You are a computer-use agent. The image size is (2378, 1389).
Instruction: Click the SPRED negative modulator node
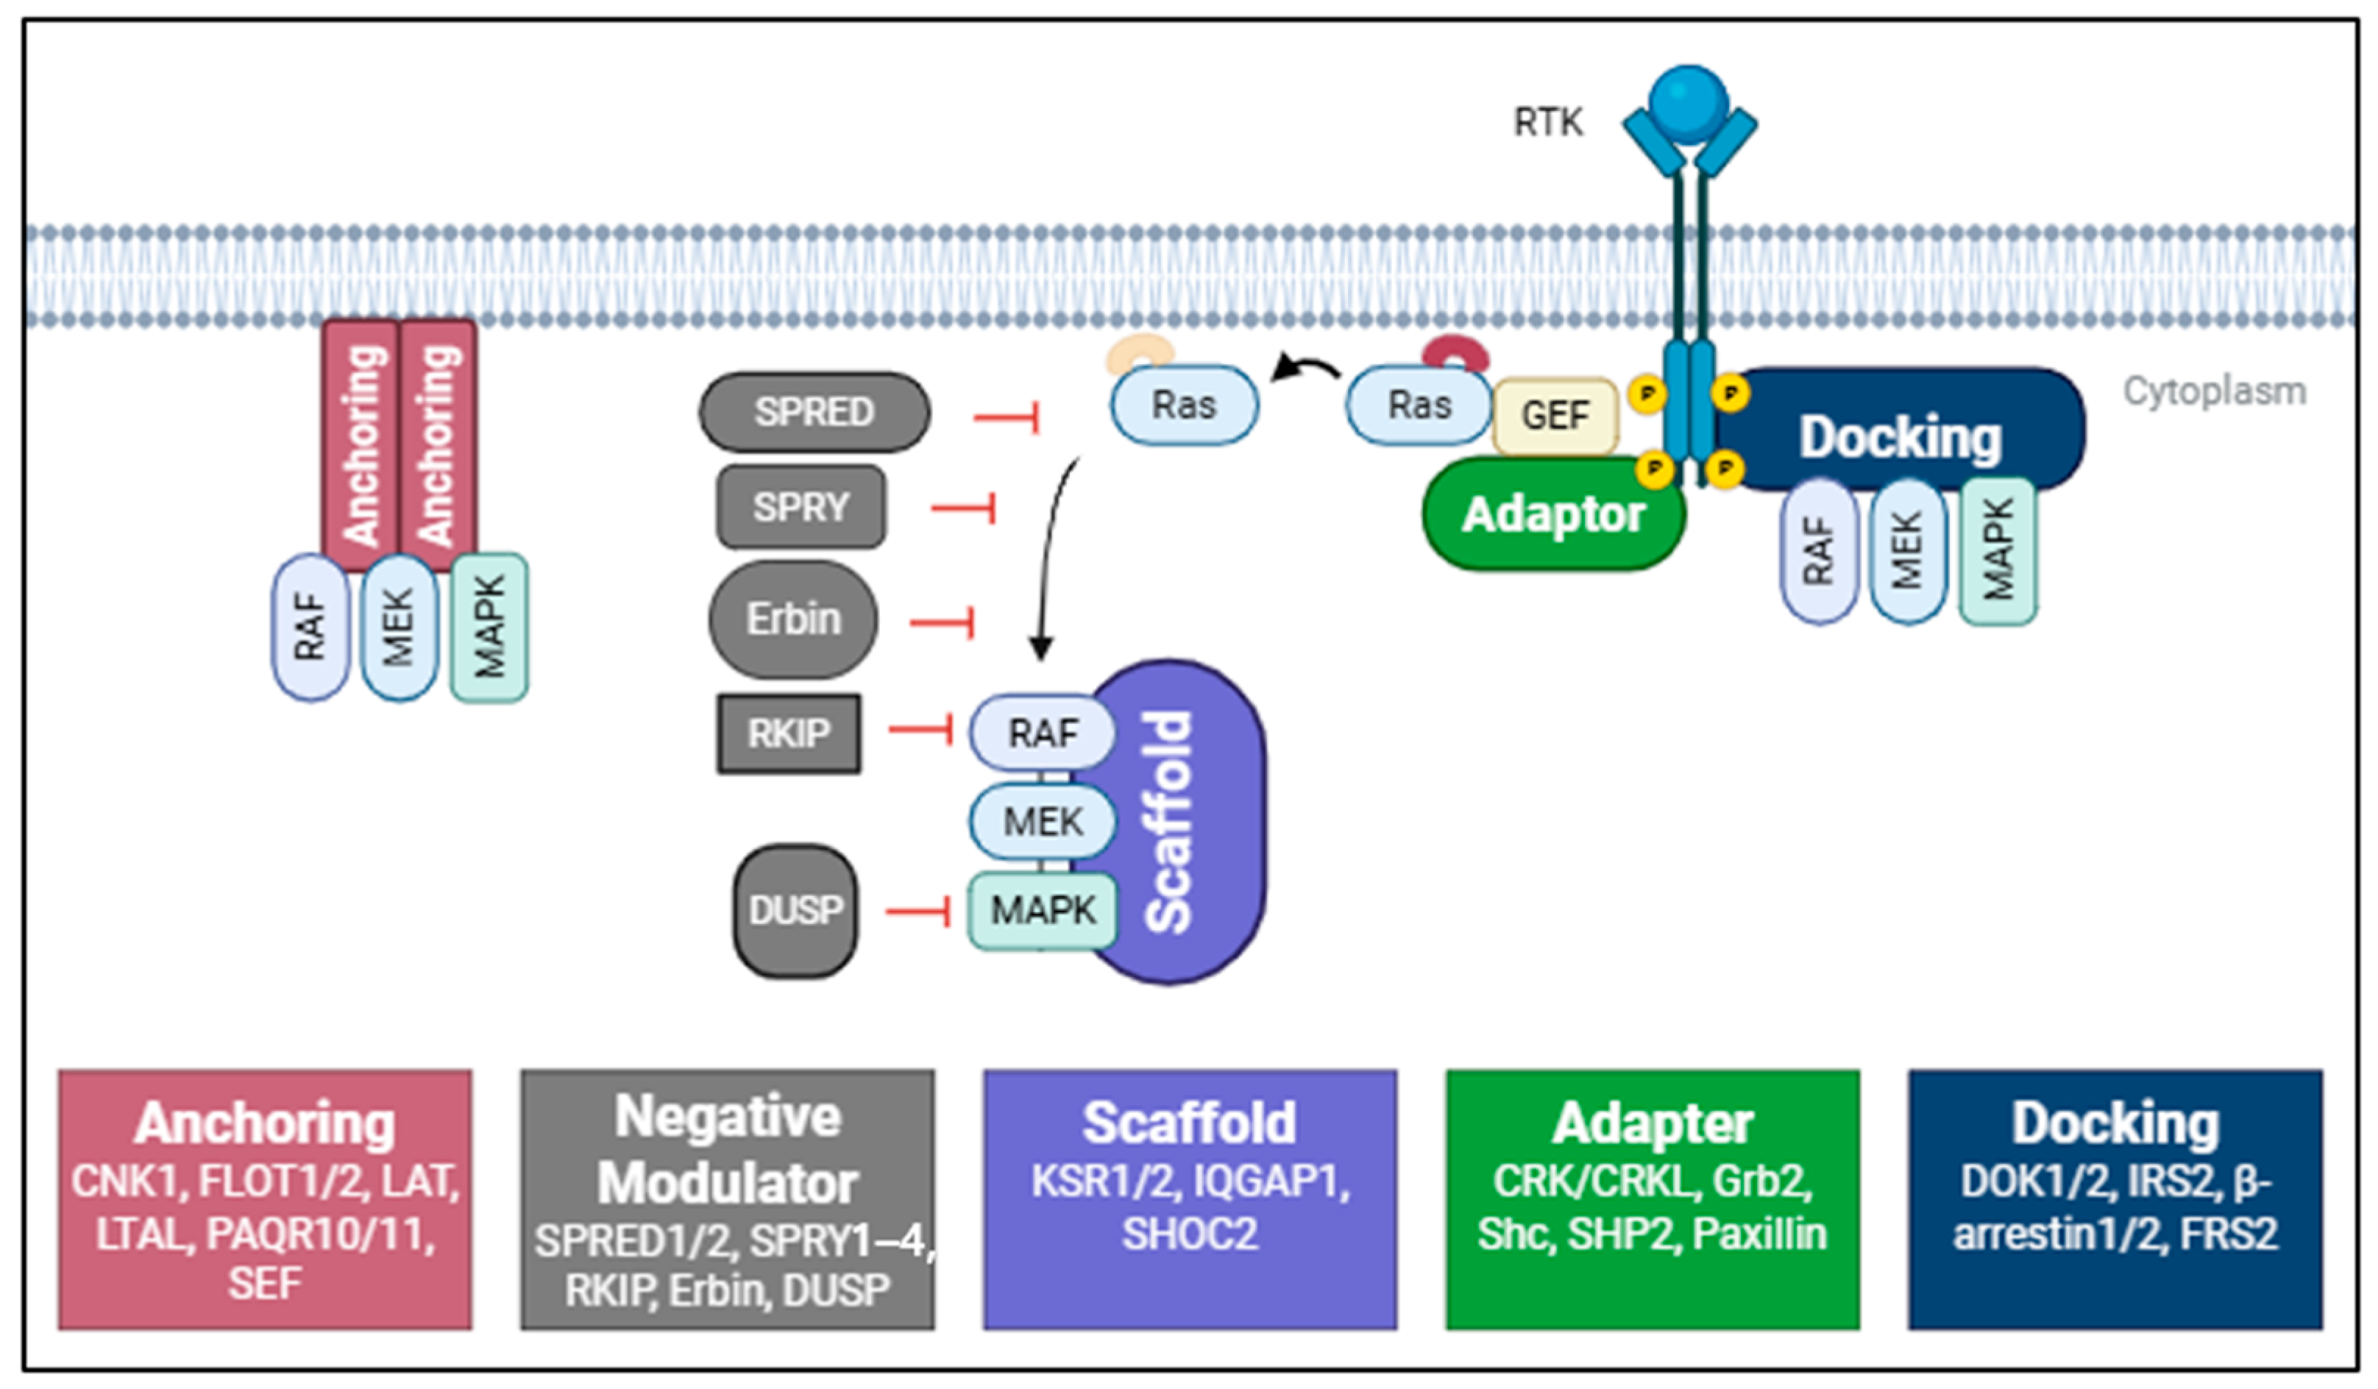pyautogui.click(x=814, y=411)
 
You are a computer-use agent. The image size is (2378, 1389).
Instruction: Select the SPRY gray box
pyautogui.click(x=801, y=507)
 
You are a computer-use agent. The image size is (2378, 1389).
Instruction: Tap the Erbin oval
pyautogui.click(x=792, y=619)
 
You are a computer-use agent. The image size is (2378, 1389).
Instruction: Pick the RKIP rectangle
pyautogui.click(x=788, y=733)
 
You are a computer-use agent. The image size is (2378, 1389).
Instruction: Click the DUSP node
pyautogui.click(x=795, y=909)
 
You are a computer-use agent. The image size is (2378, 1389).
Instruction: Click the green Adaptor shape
pyautogui.click(x=1553, y=514)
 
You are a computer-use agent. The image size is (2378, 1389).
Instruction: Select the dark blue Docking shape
pyautogui.click(x=1900, y=437)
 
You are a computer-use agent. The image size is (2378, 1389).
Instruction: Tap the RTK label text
pyautogui.click(x=1547, y=123)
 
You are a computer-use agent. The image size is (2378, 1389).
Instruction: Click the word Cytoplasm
pyautogui.click(x=2214, y=391)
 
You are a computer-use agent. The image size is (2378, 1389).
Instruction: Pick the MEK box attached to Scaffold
pyautogui.click(x=1042, y=821)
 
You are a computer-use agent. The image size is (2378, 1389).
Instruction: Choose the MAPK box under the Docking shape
pyautogui.click(x=1998, y=551)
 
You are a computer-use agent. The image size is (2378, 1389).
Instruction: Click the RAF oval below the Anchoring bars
pyautogui.click(x=310, y=628)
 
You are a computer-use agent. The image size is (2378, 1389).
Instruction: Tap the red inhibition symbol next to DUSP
pyautogui.click(x=918, y=911)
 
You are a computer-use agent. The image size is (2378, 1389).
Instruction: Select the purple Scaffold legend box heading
pyautogui.click(x=1189, y=1123)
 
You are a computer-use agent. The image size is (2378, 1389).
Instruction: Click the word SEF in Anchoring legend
pyautogui.click(x=264, y=1283)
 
